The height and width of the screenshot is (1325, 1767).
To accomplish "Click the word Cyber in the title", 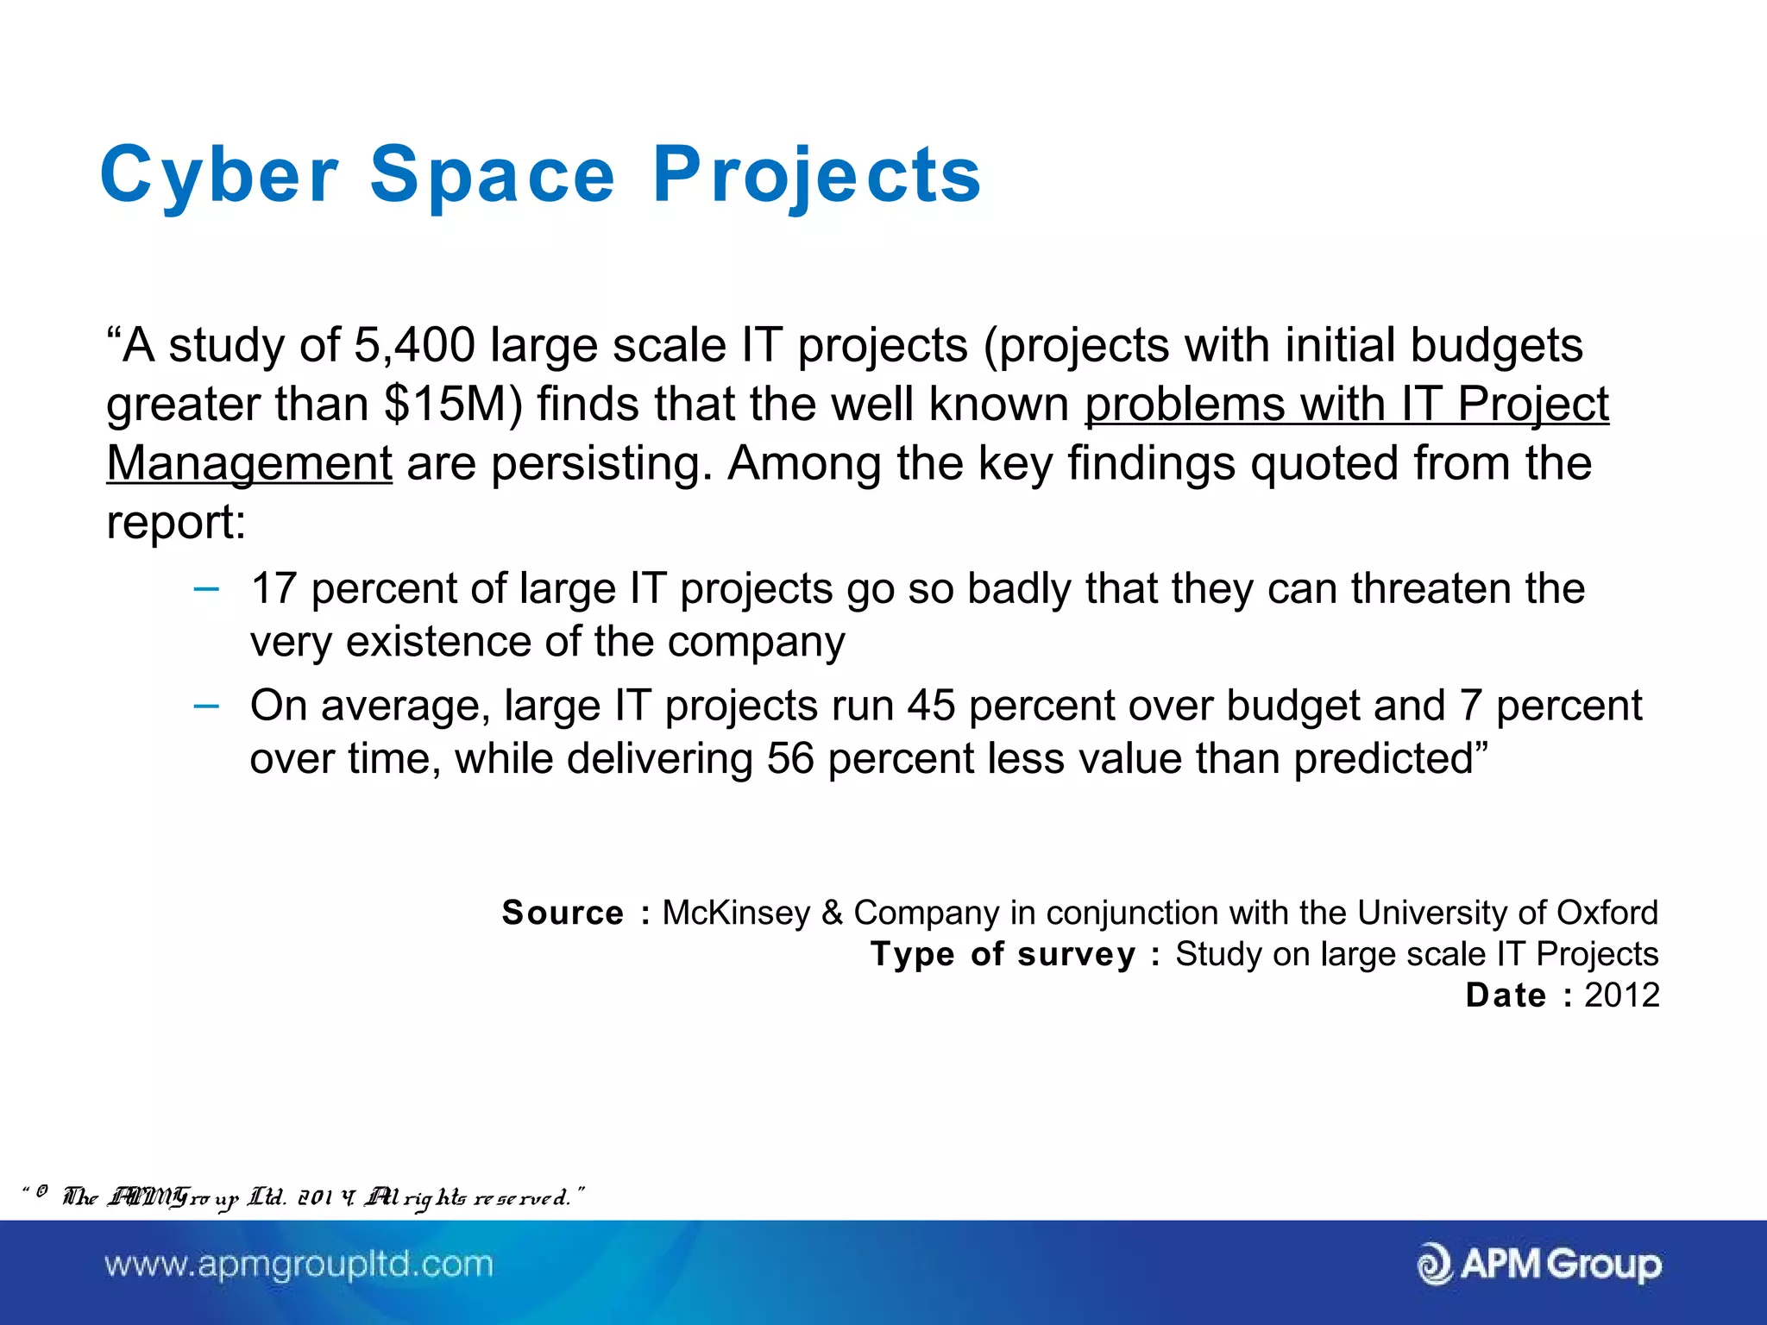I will (x=219, y=176).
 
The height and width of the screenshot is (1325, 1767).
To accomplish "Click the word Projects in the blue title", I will (x=816, y=176).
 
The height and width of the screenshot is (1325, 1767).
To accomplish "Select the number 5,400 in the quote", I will (x=414, y=346).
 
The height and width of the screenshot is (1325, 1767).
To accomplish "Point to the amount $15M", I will (x=452, y=405).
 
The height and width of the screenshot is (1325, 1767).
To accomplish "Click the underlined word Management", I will (x=249, y=463).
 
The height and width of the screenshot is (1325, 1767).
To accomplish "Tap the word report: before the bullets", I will (x=176, y=523).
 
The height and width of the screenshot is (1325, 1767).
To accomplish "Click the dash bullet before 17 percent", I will (x=206, y=590).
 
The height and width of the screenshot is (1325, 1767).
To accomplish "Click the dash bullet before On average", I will (x=206, y=706).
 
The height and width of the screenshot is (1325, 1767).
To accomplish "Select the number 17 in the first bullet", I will (x=274, y=589).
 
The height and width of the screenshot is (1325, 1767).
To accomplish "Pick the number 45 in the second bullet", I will (x=931, y=706).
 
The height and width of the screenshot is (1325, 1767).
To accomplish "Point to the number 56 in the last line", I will (x=790, y=759).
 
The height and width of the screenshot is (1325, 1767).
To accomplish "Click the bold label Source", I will (x=563, y=913).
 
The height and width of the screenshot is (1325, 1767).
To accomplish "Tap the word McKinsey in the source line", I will (x=736, y=913).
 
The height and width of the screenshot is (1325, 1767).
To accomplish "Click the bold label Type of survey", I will (x=1003, y=954).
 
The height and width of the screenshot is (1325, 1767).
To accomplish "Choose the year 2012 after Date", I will (x=1621, y=995).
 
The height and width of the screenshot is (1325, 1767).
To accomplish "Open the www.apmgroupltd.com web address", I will (x=299, y=1265).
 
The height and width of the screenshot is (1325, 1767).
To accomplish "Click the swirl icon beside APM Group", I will (x=1435, y=1265).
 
